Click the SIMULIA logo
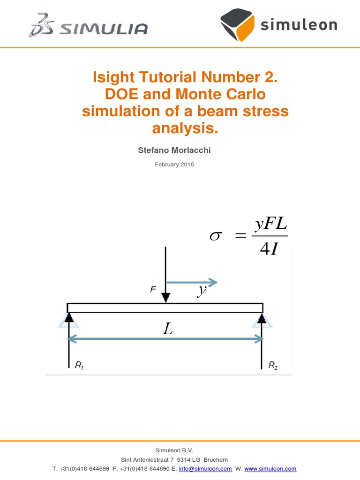[x=88, y=25]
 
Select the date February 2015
[x=174, y=165]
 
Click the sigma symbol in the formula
[x=215, y=237]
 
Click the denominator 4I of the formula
[x=269, y=249]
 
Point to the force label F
[x=153, y=290]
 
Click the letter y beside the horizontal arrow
[x=202, y=290]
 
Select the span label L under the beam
[x=167, y=329]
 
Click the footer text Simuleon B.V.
[x=174, y=450]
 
